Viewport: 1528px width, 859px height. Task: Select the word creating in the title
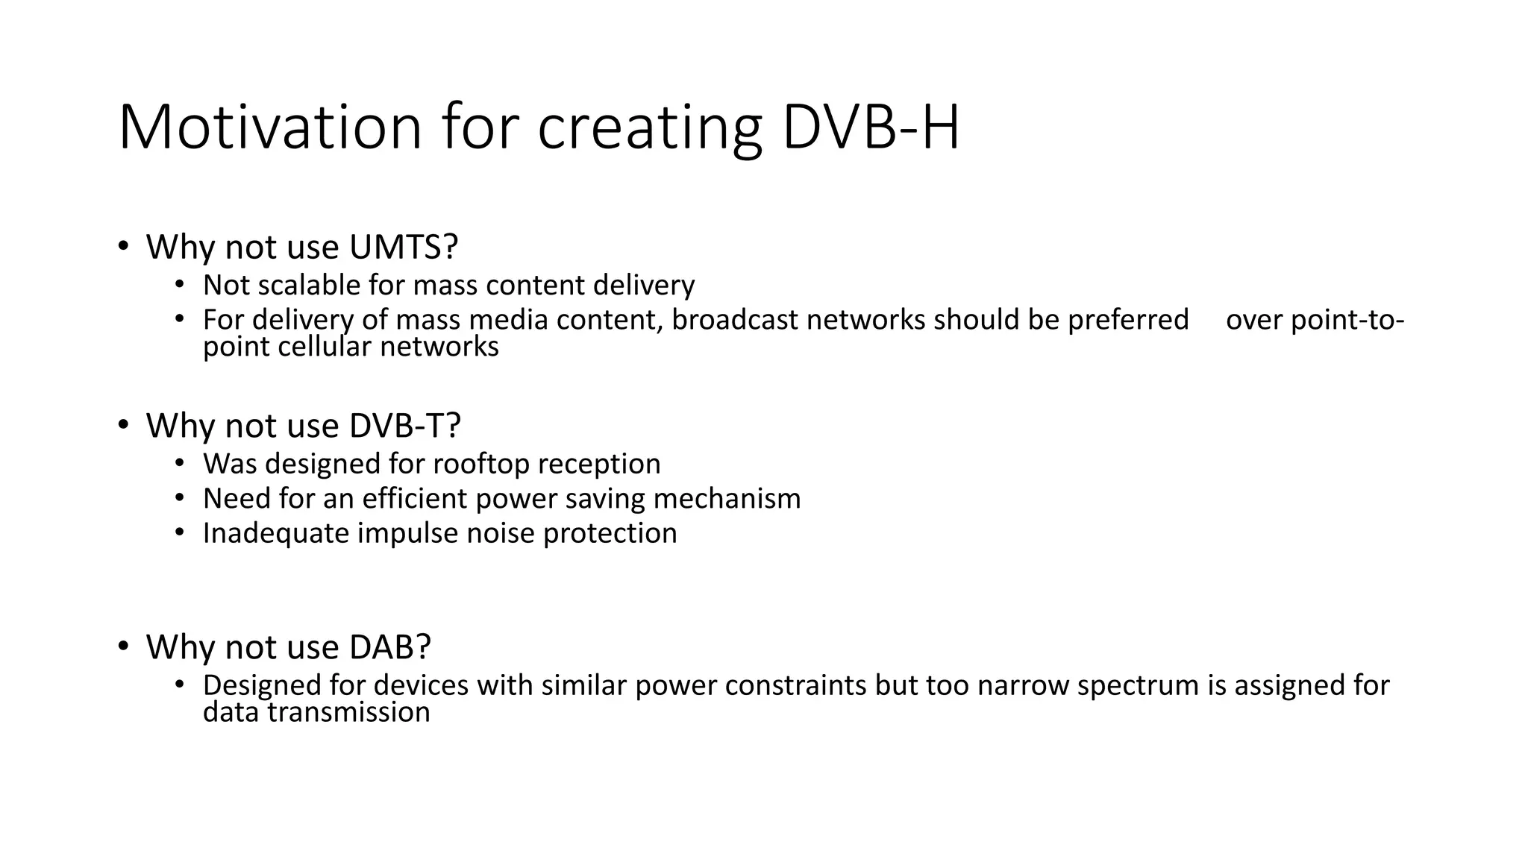tap(649, 128)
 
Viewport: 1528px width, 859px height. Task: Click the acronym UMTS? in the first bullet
tap(403, 247)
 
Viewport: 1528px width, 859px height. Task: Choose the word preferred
tap(1127, 321)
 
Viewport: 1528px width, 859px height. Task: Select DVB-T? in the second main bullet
tap(405, 426)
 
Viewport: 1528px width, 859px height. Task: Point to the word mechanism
tap(727, 498)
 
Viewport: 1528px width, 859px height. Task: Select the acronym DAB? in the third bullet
tap(390, 646)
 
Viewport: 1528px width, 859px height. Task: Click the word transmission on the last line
tap(348, 712)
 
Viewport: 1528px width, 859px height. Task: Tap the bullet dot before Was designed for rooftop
tap(179, 463)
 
